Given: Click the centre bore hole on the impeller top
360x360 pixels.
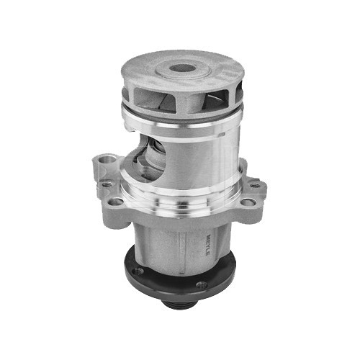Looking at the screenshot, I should (181, 71).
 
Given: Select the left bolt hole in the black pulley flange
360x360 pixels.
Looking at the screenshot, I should (137, 271).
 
